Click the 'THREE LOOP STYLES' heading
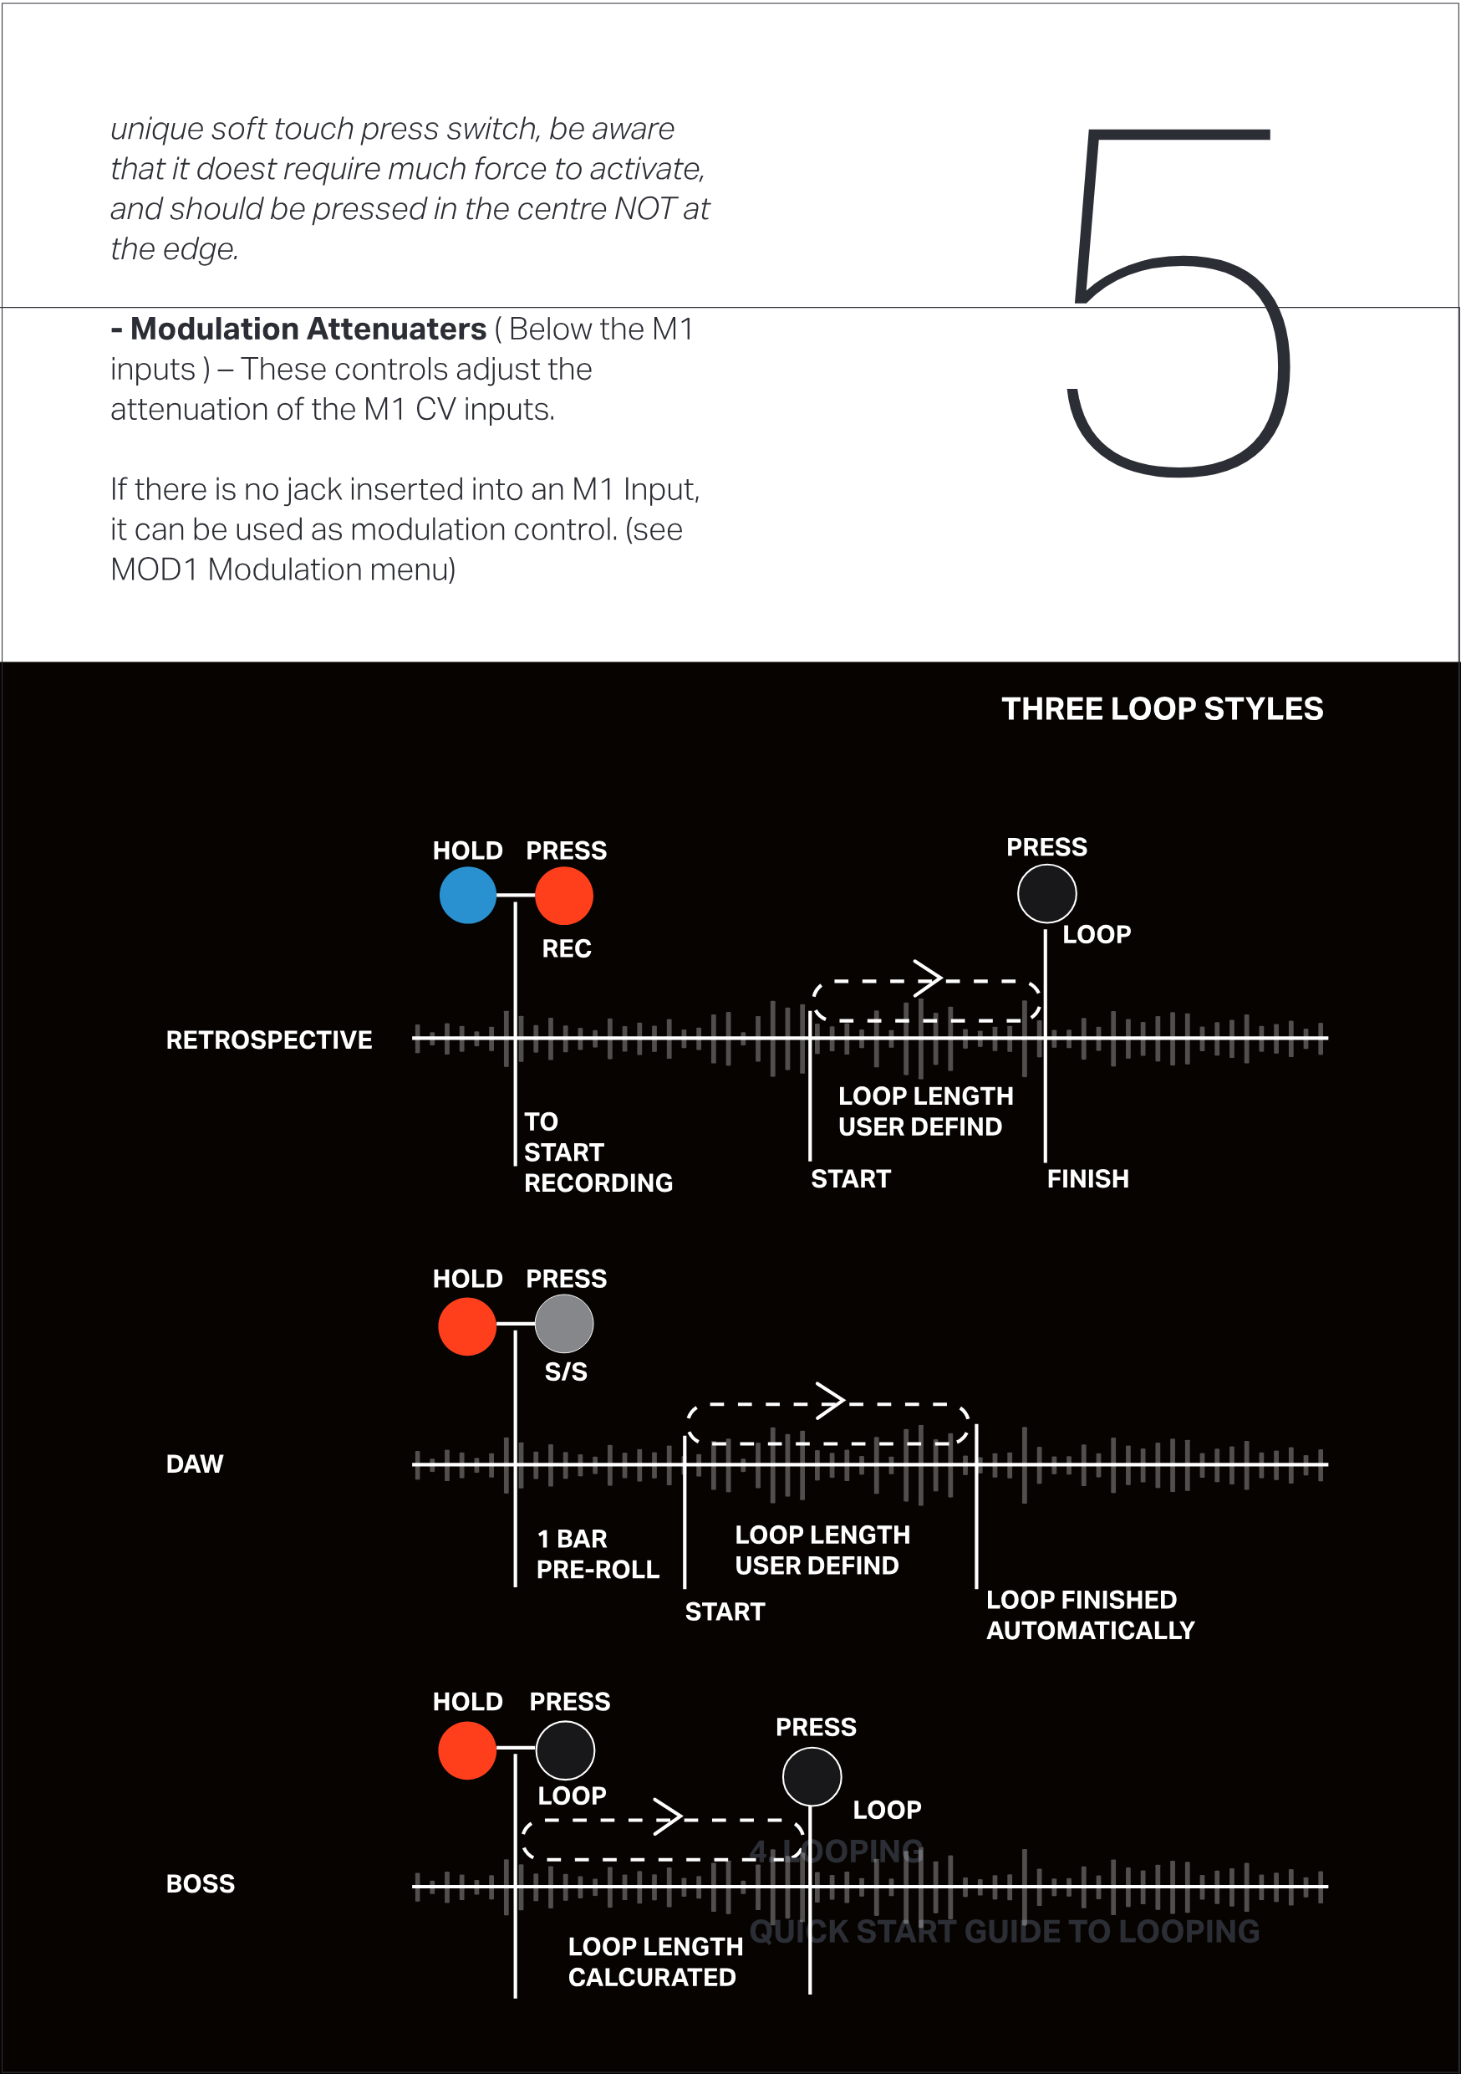1161,709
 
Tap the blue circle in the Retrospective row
468,895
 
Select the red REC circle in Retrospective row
563,895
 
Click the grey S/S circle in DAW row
563,1323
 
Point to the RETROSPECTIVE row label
268,1040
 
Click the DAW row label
194,1464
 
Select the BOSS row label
200,1883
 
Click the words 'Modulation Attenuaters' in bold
308,329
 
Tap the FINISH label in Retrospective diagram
1087,1179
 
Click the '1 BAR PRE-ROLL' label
597,1554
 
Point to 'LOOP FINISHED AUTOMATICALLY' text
1090,1614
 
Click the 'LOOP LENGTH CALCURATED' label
654,1961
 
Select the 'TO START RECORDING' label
597,1152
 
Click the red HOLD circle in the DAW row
467,1326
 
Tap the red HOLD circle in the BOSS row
467,1750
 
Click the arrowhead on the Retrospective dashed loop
929,978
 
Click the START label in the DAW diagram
724,1612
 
